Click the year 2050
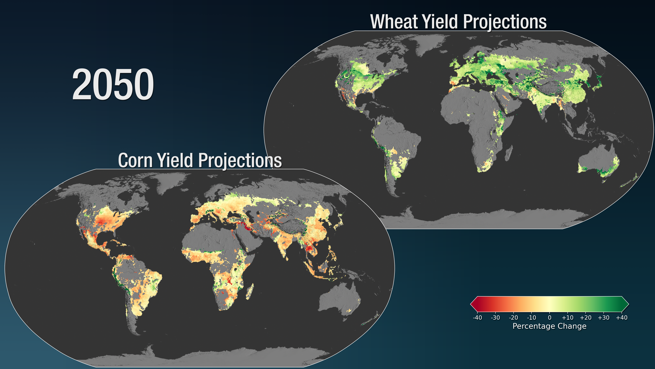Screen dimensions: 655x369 pos(113,85)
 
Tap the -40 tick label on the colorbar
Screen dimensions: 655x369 pos(477,318)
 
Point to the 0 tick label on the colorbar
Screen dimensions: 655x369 pos(549,318)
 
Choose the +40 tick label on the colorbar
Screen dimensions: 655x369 pos(622,318)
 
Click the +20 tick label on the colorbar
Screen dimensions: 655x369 pos(586,318)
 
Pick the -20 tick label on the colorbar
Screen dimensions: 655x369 pos(513,318)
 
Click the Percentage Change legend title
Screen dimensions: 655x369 pos(549,326)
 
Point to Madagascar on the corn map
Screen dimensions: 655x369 pos(250,292)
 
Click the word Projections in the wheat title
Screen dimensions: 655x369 pos(505,22)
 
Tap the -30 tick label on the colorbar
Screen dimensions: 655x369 pos(495,318)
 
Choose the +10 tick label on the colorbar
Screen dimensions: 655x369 pos(567,318)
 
